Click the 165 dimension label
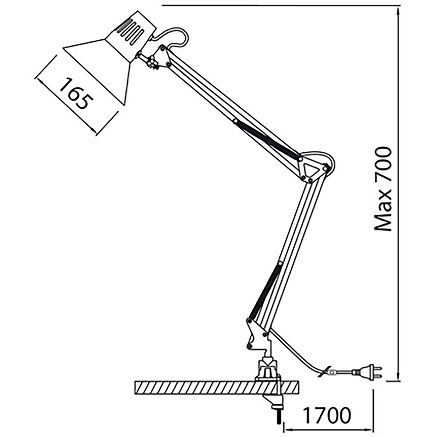tap(76, 94)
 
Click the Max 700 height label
tap(383, 189)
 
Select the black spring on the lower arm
tap(266, 290)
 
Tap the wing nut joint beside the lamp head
tap(151, 62)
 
